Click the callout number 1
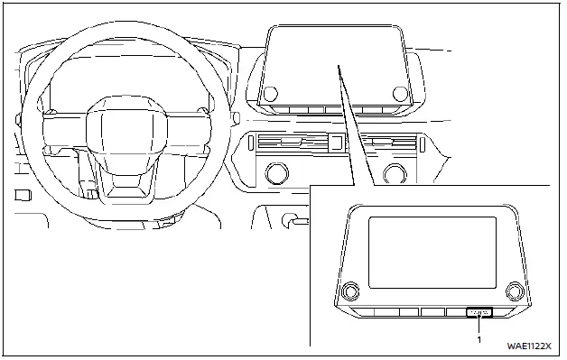[480, 340]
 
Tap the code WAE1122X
[528, 346]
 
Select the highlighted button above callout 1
[479, 312]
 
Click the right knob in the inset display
[516, 291]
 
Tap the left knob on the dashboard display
[269, 92]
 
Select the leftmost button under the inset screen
[361, 312]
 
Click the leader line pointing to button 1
[479, 327]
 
